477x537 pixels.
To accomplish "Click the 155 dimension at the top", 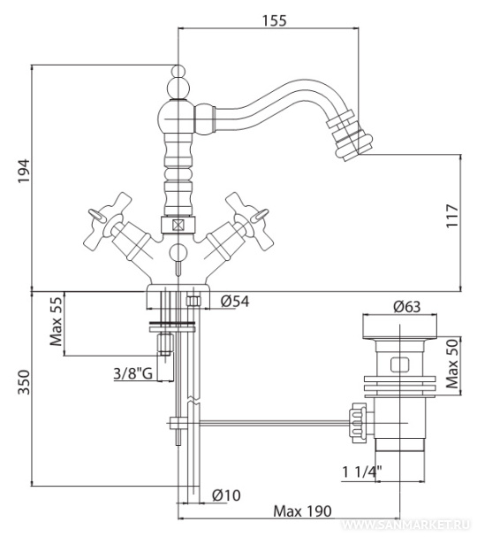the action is [274, 20].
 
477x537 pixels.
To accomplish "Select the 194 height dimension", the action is [24, 172].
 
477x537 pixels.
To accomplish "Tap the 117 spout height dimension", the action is [452, 216].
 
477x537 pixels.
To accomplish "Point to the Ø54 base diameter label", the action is [235, 301].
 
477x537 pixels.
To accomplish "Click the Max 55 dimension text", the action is [57, 321].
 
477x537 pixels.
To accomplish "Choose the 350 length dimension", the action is [24, 382].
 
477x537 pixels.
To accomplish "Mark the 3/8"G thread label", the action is [133, 373].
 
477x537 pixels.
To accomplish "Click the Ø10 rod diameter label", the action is [226, 495].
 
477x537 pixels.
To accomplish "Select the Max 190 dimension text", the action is [303, 511].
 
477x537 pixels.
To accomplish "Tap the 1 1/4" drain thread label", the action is [362, 472].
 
